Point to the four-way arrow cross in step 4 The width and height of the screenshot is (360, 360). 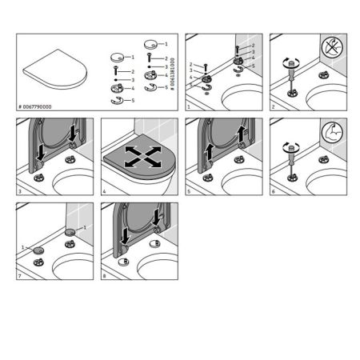(138, 155)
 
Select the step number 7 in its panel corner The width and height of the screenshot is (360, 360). (20, 275)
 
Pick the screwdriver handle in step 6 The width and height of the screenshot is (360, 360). (290, 146)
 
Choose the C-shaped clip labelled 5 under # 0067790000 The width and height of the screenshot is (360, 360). (117, 102)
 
